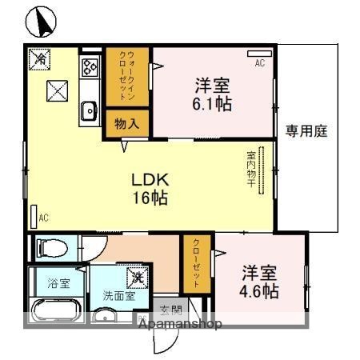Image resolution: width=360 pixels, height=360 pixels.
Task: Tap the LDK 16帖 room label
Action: point(150,190)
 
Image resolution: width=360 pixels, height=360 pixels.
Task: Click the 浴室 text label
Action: point(58,283)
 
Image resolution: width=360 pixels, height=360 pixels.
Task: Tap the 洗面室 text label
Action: point(118,295)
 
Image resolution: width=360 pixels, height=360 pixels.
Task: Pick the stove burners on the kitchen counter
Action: point(89,67)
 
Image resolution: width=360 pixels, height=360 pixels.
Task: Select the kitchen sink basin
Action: point(88,112)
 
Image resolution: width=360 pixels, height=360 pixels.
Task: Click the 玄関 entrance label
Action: point(170,310)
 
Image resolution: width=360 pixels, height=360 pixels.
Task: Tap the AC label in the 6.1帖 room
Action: point(260,62)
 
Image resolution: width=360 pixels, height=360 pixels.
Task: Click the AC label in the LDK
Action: point(43,218)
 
